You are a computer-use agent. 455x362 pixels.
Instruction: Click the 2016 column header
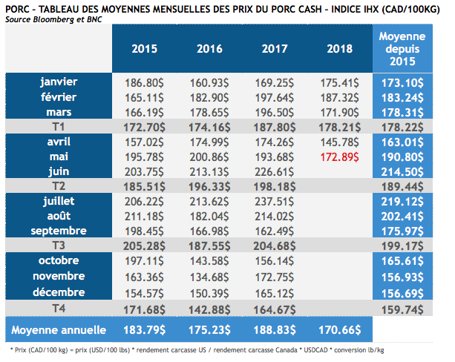(210, 50)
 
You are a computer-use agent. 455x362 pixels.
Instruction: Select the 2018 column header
(338, 50)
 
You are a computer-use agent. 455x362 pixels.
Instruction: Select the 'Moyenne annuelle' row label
(59, 329)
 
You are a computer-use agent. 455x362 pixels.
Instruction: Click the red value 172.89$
(339, 157)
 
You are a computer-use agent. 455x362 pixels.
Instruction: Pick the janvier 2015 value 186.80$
(145, 82)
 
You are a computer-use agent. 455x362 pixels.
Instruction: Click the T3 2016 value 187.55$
(210, 246)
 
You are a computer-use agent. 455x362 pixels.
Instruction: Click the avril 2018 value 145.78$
(339, 141)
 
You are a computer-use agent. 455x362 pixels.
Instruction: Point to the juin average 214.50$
(402, 171)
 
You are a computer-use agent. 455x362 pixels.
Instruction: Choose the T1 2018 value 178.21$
(339, 126)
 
